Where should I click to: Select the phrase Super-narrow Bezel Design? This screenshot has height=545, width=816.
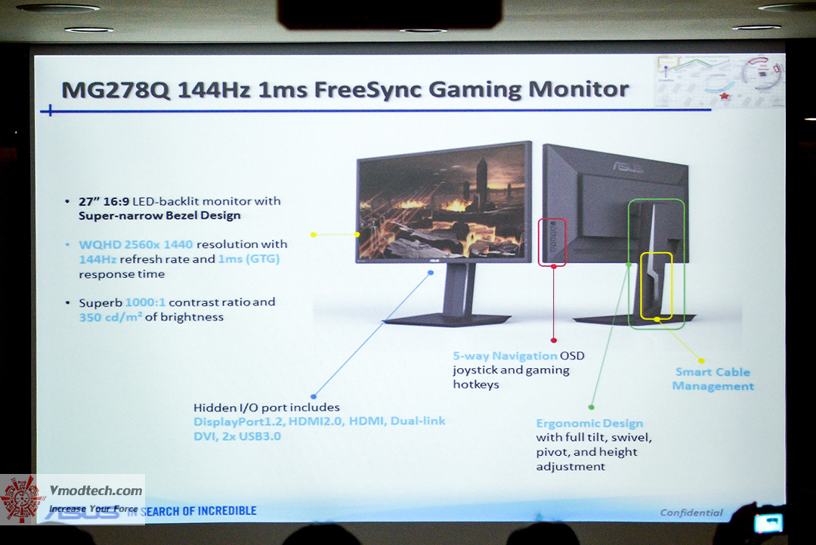159,215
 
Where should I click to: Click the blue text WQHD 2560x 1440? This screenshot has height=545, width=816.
136,245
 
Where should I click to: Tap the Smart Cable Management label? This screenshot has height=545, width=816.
712,379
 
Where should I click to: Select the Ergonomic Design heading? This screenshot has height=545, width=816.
589,423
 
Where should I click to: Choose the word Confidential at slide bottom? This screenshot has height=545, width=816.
691,512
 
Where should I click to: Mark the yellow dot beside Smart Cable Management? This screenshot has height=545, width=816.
701,361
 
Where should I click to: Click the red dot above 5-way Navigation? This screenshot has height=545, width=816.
554,340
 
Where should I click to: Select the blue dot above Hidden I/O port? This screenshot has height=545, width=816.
314,396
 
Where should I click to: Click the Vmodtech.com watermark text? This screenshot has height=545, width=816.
95,491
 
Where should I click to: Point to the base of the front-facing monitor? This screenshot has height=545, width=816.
447,318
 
